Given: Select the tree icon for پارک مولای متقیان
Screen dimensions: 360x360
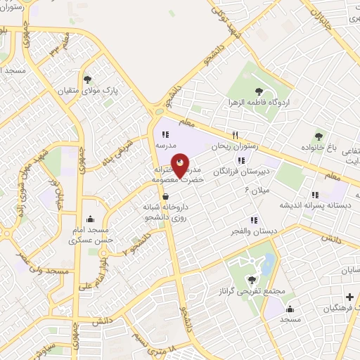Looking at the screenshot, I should tap(87, 79).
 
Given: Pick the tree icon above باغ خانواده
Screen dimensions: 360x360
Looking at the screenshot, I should tap(319, 136).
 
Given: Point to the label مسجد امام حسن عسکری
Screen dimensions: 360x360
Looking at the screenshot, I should tap(89, 236).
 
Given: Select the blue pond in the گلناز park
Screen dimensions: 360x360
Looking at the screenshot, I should tap(268, 264).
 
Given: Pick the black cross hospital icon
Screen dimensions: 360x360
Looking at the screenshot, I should tap(349, 297).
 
